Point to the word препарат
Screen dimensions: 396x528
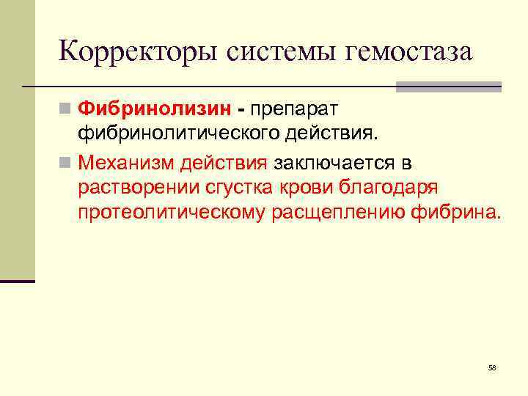293,109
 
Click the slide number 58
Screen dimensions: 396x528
492,367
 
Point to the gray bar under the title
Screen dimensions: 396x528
448,87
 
